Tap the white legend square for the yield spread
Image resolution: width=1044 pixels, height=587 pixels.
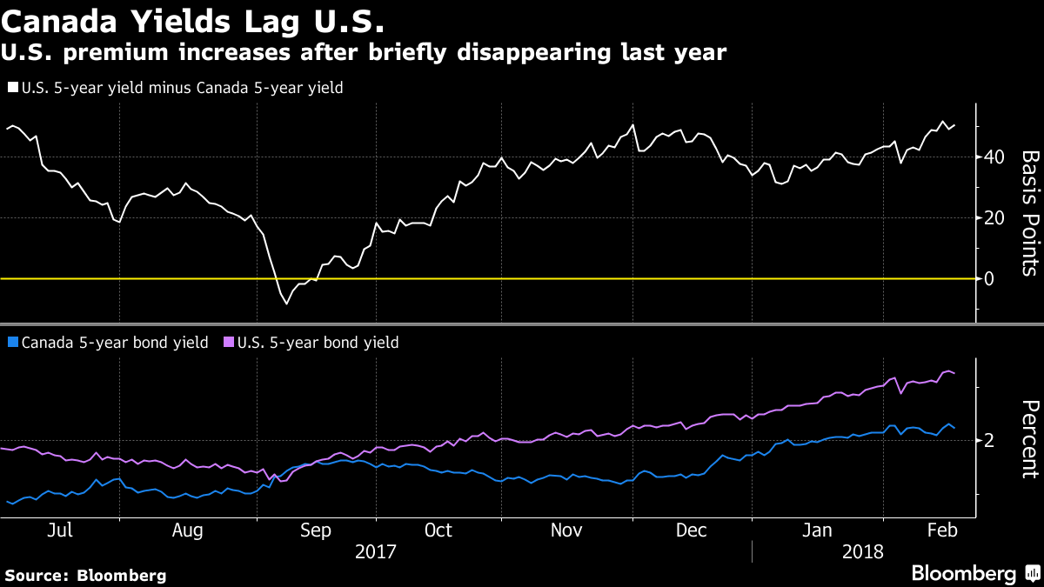coord(12,87)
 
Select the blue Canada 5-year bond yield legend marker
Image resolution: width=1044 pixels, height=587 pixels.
coord(12,343)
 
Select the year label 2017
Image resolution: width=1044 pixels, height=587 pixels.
coord(376,551)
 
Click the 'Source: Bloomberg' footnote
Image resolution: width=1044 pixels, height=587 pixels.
coord(85,575)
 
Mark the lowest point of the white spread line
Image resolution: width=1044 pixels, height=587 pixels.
coord(286,304)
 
